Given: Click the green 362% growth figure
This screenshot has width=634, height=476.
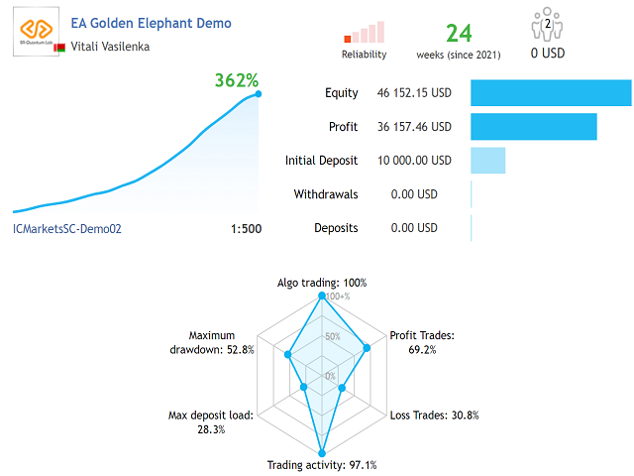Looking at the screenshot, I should click(x=237, y=79).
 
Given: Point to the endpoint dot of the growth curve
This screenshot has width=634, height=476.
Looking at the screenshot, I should click(x=259, y=94).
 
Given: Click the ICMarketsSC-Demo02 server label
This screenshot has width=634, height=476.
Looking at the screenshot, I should click(x=66, y=229).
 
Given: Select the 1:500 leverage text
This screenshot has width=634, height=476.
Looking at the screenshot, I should click(x=246, y=229).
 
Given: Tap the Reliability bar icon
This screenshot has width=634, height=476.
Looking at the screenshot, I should click(x=364, y=32).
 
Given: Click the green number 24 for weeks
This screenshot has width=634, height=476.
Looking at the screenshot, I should click(x=458, y=34).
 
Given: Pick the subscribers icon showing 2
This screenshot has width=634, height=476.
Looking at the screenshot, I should click(x=547, y=25).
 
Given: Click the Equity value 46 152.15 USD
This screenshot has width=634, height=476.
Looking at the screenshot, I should click(x=413, y=93).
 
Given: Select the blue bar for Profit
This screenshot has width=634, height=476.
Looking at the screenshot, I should click(x=533, y=127).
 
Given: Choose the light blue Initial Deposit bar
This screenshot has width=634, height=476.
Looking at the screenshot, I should click(x=487, y=161).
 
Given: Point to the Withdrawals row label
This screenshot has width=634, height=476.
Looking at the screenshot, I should click(x=326, y=194).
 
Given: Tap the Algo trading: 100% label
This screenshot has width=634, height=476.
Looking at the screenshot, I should click(x=321, y=283).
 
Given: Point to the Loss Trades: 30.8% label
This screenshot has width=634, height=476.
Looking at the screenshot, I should click(x=434, y=416).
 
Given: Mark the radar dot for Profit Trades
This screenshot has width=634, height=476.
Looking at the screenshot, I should click(x=368, y=348).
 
